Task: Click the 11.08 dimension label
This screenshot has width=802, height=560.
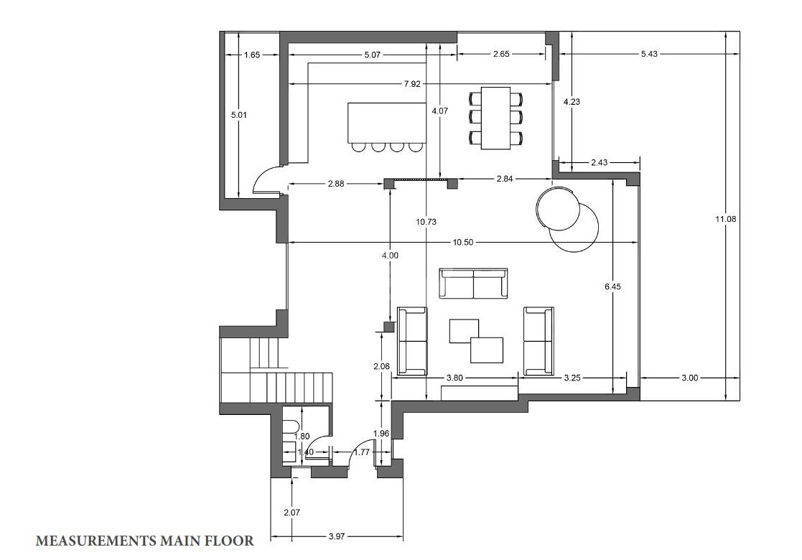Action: coord(726,219)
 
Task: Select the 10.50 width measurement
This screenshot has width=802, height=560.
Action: coord(463,243)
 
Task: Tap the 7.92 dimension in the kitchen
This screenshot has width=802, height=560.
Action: coord(411,84)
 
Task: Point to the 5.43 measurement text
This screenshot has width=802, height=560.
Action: coord(649,54)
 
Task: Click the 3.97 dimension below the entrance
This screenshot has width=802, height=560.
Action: coord(337,536)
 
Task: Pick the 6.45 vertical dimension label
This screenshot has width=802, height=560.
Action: coord(612,286)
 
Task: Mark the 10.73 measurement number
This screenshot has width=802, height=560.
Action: coord(426,221)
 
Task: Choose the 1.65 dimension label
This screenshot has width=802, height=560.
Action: coord(252,55)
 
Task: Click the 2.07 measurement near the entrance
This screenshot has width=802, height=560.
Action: coord(292,512)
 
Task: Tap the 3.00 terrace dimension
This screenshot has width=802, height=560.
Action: coord(689,378)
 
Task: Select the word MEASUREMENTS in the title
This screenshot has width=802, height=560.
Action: coord(95,541)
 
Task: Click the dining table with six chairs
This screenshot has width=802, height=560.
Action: coord(496,118)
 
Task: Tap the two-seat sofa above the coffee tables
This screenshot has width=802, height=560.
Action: coord(474,284)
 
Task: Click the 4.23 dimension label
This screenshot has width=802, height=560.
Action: coord(572,102)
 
